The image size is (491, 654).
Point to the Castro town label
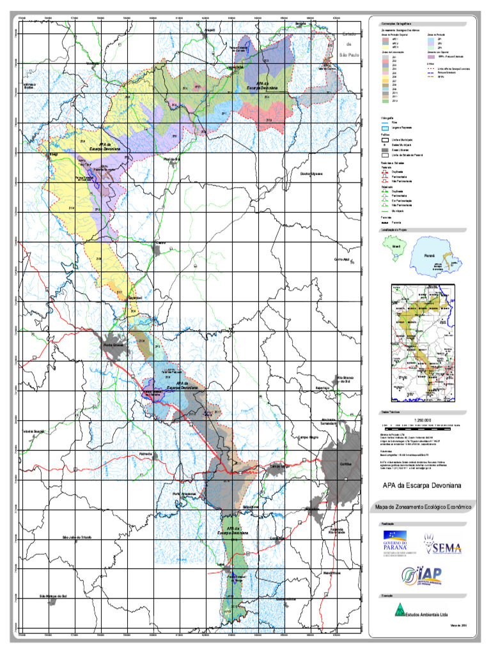(160, 243)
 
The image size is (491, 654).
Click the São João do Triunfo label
(77, 537)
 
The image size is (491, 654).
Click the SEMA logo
(437, 548)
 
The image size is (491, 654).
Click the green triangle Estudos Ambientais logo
(399, 610)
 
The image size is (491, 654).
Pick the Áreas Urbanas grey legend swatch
(384, 149)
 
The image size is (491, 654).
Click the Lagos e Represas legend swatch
(384, 128)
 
